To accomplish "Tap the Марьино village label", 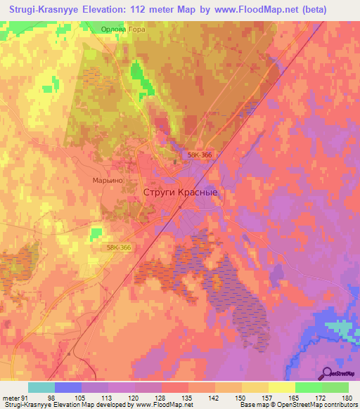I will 108,181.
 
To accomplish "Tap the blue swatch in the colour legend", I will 68,387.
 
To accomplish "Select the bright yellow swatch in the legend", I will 281,387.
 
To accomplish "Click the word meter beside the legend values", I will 11,397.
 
